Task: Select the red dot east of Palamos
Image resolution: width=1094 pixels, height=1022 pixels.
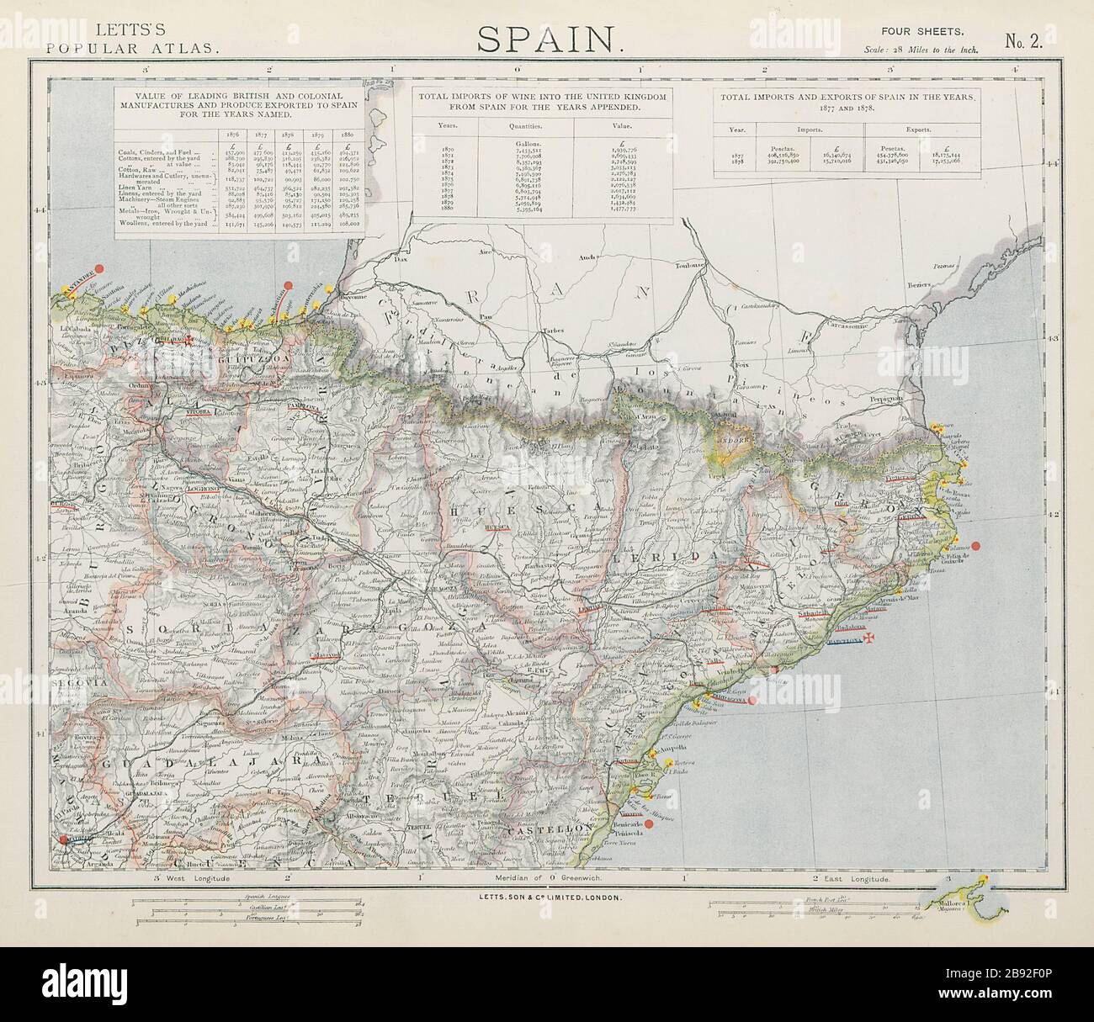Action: (976, 546)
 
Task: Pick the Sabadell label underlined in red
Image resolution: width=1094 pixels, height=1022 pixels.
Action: (815, 614)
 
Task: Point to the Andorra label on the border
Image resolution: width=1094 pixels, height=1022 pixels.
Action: (735, 438)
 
